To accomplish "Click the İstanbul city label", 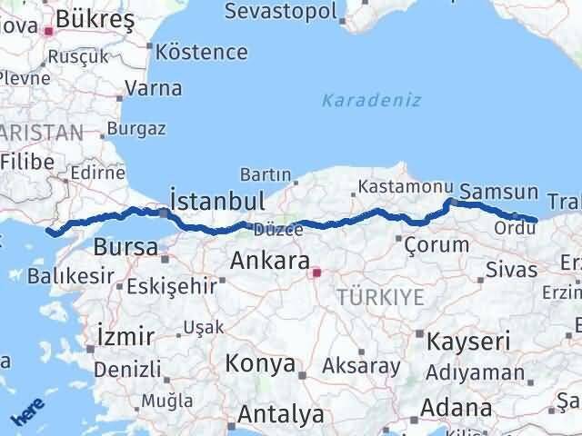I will (x=217, y=200).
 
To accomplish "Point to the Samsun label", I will (x=498, y=192).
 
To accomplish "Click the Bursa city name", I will (x=125, y=246).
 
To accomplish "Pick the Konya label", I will (x=261, y=364).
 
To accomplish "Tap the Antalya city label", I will (x=280, y=415).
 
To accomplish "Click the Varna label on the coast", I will (x=153, y=89).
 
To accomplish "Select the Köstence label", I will (x=201, y=52).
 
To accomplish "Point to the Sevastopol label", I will (x=279, y=12).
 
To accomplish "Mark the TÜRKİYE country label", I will (x=379, y=297).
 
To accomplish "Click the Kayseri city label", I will (x=465, y=342).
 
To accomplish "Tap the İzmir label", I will (x=125, y=336).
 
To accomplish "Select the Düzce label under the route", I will (x=278, y=230).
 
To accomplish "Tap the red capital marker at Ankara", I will (x=316, y=272).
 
